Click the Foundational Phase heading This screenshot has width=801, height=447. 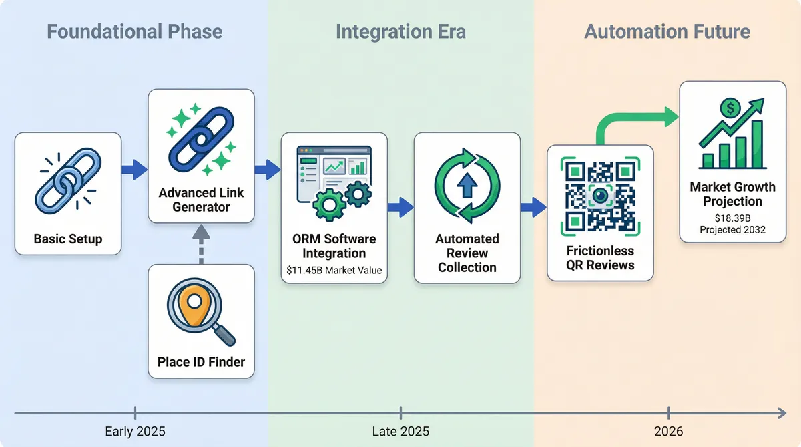pos(133,31)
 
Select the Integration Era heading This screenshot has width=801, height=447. pos(400,31)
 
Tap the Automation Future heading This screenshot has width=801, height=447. pos(667,31)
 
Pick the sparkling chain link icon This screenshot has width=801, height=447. pos(201,138)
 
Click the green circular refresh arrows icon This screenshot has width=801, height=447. pos(467,186)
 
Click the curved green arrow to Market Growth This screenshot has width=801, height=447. pos(634,124)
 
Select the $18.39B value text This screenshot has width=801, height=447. pos(732,218)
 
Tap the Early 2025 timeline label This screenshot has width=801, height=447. pos(135,432)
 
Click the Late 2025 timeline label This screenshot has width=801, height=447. pos(400,432)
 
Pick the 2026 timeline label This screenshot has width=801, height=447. pos(668,432)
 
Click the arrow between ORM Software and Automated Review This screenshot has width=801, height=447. pos(400,208)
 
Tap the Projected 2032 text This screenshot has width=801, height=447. pos(732,230)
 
